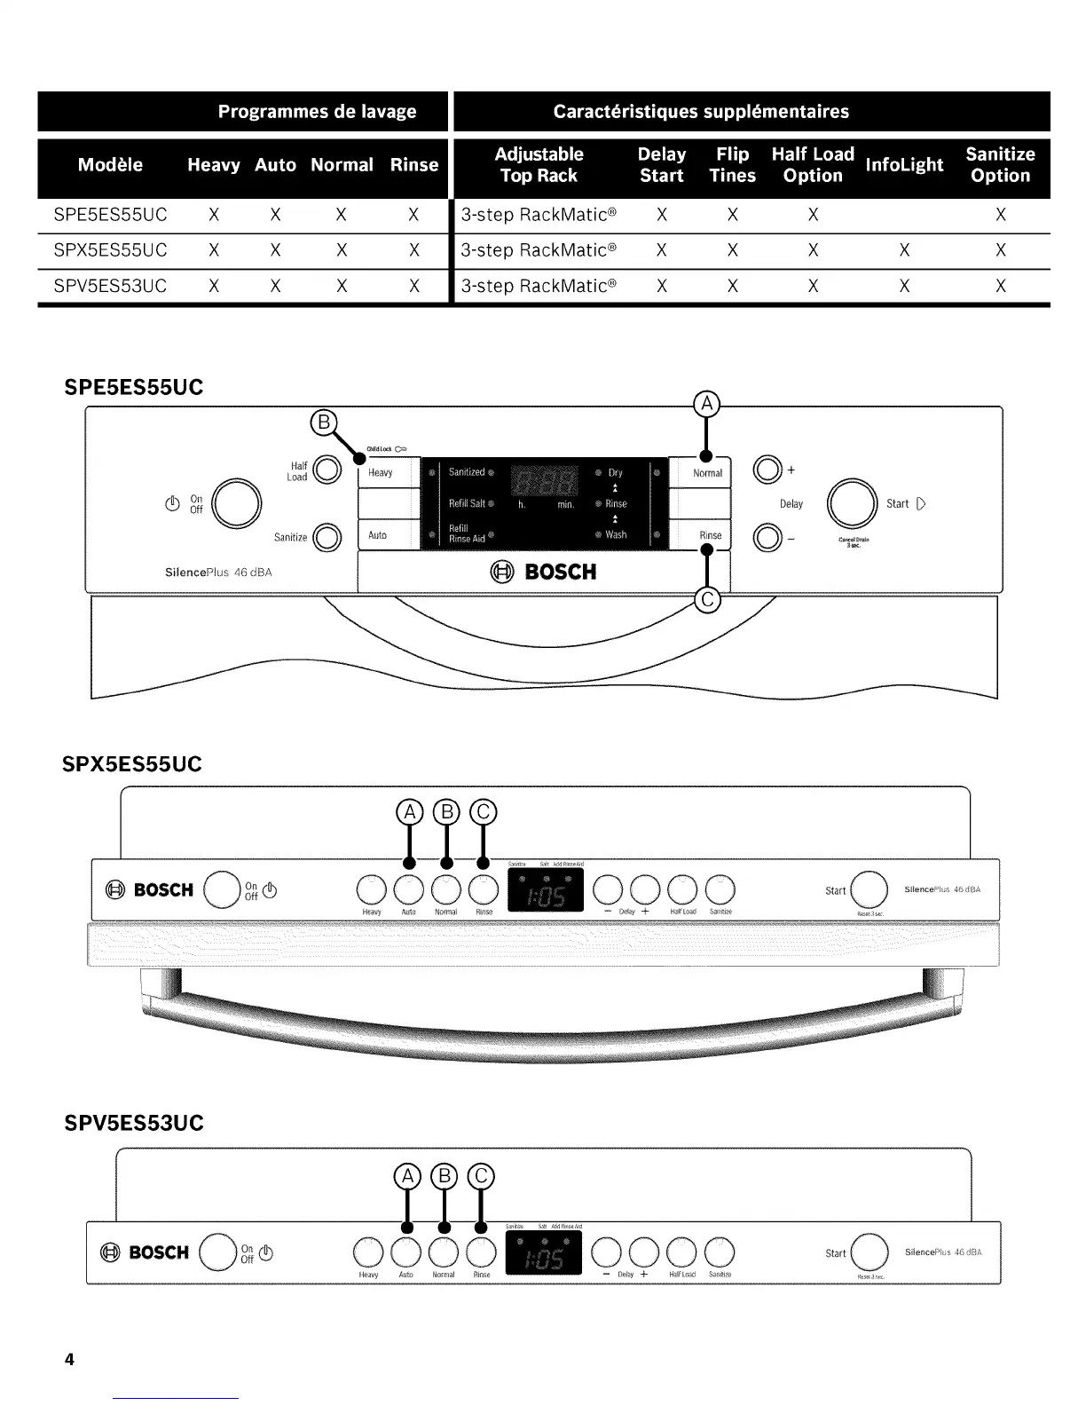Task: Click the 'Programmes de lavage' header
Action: tap(317, 112)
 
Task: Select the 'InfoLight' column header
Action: tap(903, 165)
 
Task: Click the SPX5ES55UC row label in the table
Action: tap(110, 250)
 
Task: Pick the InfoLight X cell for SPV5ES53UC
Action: tap(903, 286)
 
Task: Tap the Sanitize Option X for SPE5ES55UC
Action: tap(1000, 215)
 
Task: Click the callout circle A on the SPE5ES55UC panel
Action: tap(706, 405)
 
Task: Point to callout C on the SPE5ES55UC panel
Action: tap(707, 601)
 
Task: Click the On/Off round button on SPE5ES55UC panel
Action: tap(234, 504)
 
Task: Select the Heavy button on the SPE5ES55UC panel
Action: tap(388, 473)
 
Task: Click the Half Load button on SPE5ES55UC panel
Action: tap(327, 470)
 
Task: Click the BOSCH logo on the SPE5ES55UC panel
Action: tap(544, 573)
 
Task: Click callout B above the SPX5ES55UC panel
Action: tap(446, 812)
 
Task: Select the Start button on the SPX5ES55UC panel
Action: tap(869, 889)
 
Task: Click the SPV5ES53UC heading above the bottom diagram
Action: tap(134, 1124)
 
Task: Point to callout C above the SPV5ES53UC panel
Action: tap(480, 1177)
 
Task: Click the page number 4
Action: tap(69, 1359)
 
